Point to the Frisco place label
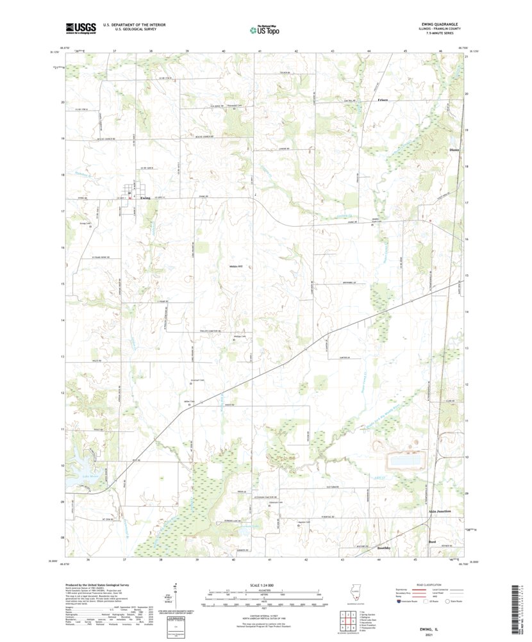coord(383,101)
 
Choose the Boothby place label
coord(384,549)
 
